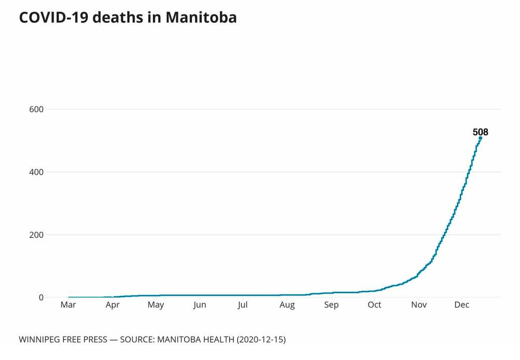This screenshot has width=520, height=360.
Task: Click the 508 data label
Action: (x=480, y=132)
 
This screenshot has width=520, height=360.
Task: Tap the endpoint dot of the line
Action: (x=480, y=138)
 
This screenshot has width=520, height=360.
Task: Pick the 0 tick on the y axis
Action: (x=40, y=298)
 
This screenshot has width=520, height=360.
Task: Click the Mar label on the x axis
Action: (x=68, y=305)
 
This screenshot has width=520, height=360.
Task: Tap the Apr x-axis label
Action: (x=112, y=305)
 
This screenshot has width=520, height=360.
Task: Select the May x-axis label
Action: (x=155, y=305)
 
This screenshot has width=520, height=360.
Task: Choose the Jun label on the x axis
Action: (x=199, y=305)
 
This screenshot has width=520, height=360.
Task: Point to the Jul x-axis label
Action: (x=242, y=305)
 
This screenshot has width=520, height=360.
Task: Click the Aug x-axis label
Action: (x=287, y=305)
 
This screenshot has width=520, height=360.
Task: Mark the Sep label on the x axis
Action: (x=331, y=305)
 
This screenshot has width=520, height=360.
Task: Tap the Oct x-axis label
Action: (x=374, y=305)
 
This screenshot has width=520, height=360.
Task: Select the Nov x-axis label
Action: (x=419, y=305)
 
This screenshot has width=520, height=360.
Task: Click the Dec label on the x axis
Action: (x=462, y=305)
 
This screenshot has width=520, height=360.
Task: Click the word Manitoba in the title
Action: (x=201, y=17)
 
